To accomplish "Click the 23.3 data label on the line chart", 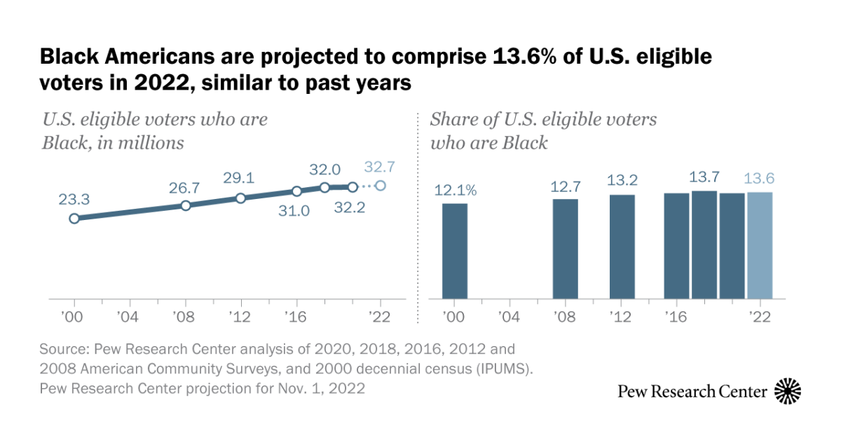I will point(74,199).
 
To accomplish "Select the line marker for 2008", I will point(186,205).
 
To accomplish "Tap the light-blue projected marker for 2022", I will point(380,186).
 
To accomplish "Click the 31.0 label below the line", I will point(294,211).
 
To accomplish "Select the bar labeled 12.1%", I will point(455,252).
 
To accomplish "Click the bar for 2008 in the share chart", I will point(566,249).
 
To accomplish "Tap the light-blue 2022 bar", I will point(760,246).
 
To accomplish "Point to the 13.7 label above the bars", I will point(704,176).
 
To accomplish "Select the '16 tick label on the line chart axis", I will point(296,317).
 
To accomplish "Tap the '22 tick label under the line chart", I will point(379,317).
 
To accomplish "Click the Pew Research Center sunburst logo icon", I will point(788,391).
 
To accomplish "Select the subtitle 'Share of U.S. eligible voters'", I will point(543,119).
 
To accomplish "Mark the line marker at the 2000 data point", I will point(74,219).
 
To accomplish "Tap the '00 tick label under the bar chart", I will point(454,317).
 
